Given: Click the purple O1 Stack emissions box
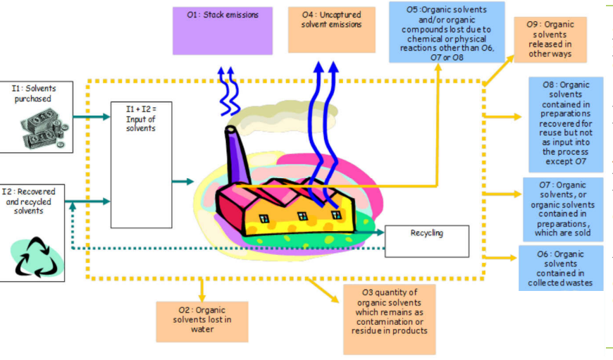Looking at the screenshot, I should (x=222, y=30).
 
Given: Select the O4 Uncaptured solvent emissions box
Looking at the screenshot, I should (x=331, y=28).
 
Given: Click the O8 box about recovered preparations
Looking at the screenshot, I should (x=566, y=124).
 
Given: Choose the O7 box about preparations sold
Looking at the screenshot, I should (x=562, y=209).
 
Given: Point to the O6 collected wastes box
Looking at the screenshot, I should (x=561, y=268).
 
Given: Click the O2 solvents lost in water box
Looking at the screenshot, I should (x=202, y=321).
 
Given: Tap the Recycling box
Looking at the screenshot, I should (x=427, y=241).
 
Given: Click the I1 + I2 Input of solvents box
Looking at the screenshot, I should (x=141, y=164).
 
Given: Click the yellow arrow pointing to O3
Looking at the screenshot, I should (x=324, y=290).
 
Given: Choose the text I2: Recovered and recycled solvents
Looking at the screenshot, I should (x=32, y=200).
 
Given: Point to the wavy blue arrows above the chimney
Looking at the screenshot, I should (x=228, y=92).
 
